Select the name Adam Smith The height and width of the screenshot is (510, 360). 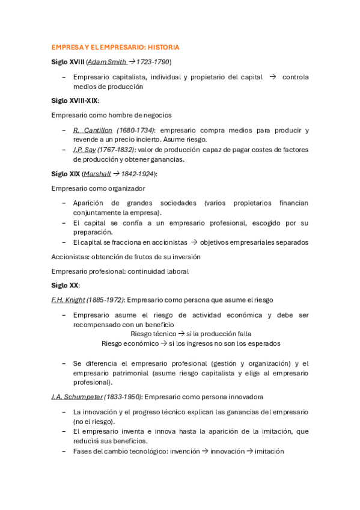(107, 61)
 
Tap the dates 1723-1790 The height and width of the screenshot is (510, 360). (153, 61)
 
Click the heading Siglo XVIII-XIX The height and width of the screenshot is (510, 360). (75, 100)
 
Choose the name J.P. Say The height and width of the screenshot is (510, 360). (85, 150)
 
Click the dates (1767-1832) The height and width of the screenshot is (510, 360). (117, 150)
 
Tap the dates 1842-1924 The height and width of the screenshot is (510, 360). (138, 174)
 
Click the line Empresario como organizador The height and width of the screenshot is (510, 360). (98, 188)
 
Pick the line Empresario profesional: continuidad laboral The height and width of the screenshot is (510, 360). (120, 271)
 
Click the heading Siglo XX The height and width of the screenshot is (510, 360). (65, 286)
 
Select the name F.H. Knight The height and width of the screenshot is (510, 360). (68, 300)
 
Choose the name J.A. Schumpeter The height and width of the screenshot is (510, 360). (77, 397)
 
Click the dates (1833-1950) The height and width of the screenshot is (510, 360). (123, 397)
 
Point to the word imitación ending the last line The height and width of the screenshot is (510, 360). (269, 451)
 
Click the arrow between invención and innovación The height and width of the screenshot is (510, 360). (205, 451)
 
